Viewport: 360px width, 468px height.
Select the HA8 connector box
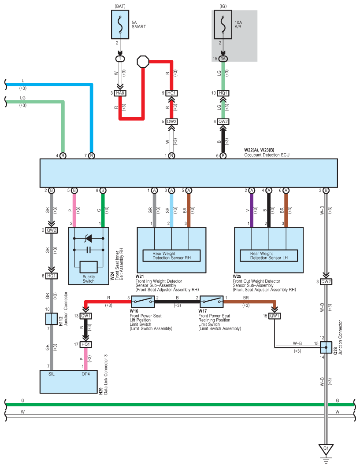120,93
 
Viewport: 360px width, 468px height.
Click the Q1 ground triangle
326,449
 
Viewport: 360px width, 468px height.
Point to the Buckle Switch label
89,279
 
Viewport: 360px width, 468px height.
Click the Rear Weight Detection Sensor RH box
171,255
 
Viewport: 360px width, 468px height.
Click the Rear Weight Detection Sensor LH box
269,255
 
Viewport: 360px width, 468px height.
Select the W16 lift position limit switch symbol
143,302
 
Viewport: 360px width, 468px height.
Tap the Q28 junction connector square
326,347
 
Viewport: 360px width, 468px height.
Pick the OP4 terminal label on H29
86,373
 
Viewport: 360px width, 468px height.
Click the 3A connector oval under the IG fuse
223,59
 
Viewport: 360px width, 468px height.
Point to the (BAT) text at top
120,6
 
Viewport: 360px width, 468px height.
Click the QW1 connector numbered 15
275,316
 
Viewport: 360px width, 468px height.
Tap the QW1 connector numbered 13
86,316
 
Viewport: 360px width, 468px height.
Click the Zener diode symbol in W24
89,239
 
